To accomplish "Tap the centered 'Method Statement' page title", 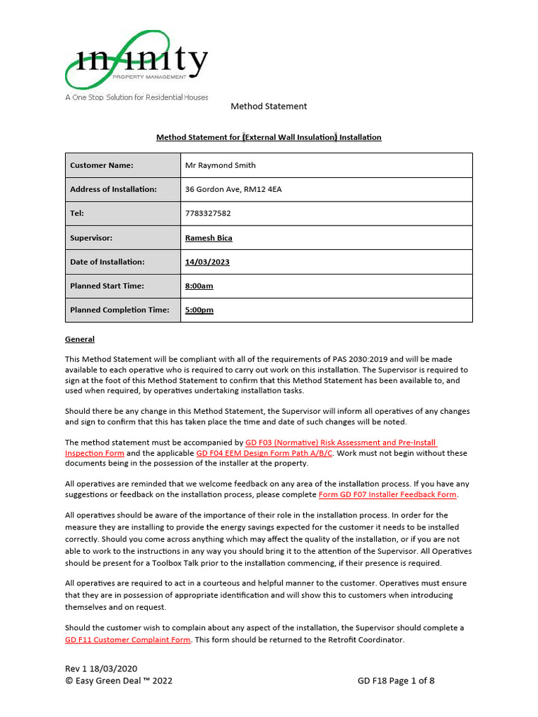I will click(269, 106).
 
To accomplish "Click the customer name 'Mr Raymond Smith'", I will click(220, 166).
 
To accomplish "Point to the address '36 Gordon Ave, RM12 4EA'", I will click(233, 190).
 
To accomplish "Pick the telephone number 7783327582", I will click(208, 214).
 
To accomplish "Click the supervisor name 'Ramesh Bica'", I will click(209, 238).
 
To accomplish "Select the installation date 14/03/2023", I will click(207, 262).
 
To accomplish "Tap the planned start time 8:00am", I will click(199, 286).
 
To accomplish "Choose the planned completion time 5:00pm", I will click(200, 310).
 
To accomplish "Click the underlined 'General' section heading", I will click(80, 340).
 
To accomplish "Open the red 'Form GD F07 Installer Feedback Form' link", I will click(388, 494).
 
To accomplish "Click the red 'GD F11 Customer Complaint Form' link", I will click(127, 640).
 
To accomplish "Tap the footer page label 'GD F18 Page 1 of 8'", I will click(396, 681).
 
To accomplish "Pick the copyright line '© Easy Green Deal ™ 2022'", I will click(118, 681).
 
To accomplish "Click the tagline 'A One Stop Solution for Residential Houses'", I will click(137, 97).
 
